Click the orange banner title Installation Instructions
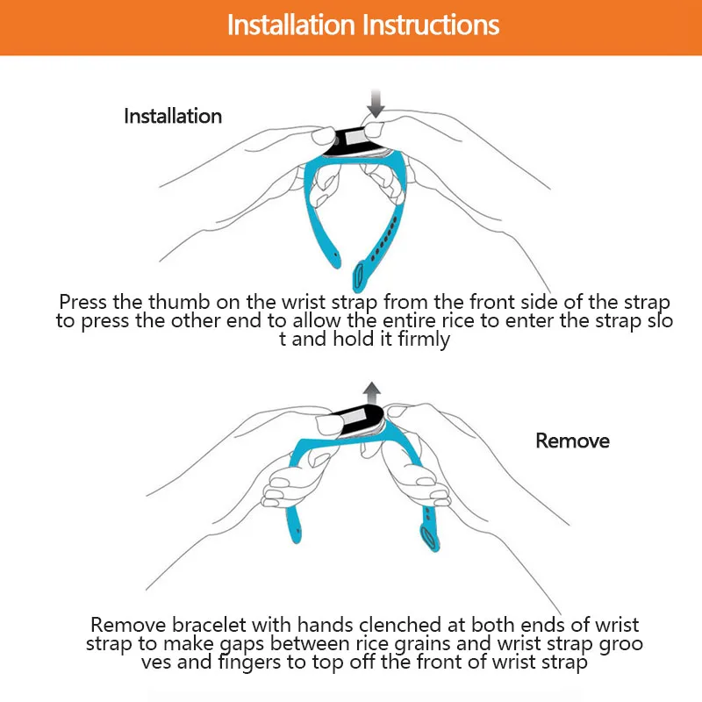(x=363, y=25)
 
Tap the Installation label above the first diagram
(x=173, y=116)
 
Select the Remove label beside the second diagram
(x=573, y=441)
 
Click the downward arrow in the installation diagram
(x=376, y=104)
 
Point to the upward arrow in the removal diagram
(x=371, y=394)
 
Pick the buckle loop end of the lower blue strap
(x=429, y=538)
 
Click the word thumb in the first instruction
(x=179, y=302)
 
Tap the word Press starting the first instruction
(x=83, y=302)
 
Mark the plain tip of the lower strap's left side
(x=296, y=537)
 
